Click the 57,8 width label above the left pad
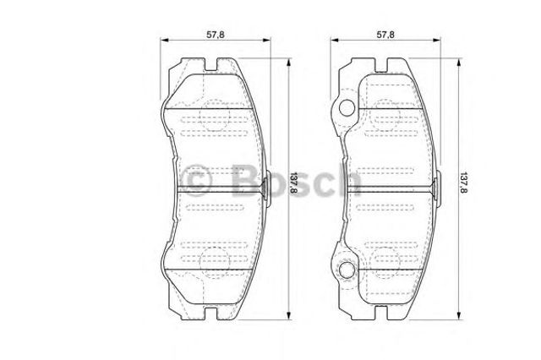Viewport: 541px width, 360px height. (x=216, y=35)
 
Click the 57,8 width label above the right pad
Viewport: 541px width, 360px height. (x=385, y=35)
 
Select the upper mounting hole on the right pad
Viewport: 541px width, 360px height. (x=347, y=108)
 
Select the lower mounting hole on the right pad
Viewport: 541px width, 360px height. (x=347, y=270)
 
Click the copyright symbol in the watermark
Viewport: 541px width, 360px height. (x=195, y=180)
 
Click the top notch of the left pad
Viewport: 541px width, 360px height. (x=211, y=66)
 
